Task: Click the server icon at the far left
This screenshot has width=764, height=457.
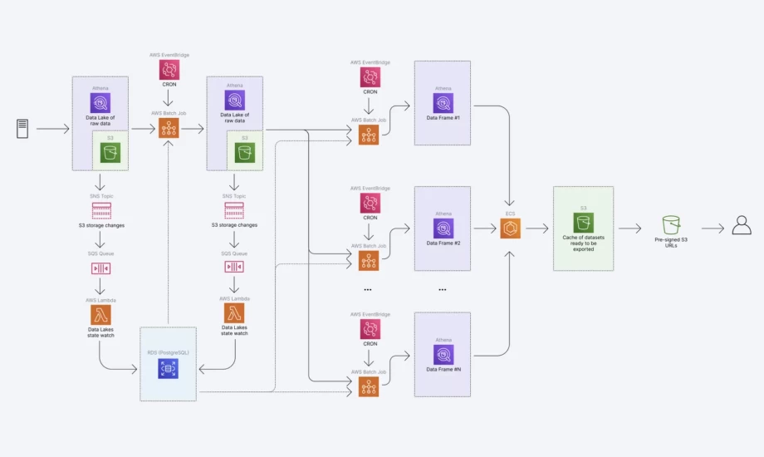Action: pos(22,129)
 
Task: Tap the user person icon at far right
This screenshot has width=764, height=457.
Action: pos(742,225)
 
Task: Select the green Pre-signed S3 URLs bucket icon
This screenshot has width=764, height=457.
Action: pos(671,225)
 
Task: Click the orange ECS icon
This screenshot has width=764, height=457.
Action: pos(510,228)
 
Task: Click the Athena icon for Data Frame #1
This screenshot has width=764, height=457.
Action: pos(443,103)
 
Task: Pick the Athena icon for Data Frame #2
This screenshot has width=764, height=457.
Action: pos(443,228)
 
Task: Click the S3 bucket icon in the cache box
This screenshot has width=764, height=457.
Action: pos(583,222)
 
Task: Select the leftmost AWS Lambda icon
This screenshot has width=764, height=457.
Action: pos(100,313)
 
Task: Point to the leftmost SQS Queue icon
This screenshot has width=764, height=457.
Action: pos(100,268)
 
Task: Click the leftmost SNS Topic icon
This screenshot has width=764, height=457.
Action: pos(100,210)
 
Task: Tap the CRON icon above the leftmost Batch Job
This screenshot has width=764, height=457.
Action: pos(169,70)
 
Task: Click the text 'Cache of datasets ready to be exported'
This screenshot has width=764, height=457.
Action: pos(583,243)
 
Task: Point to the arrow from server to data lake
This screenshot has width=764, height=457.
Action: pos(53,129)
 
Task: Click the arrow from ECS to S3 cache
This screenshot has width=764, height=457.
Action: pos(536,228)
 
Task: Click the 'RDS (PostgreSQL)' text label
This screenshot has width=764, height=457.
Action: pos(169,352)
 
